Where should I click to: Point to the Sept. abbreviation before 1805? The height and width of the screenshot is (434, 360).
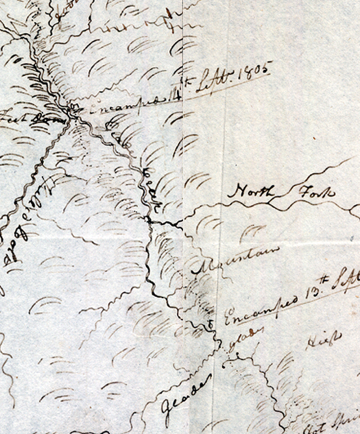(212, 83)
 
